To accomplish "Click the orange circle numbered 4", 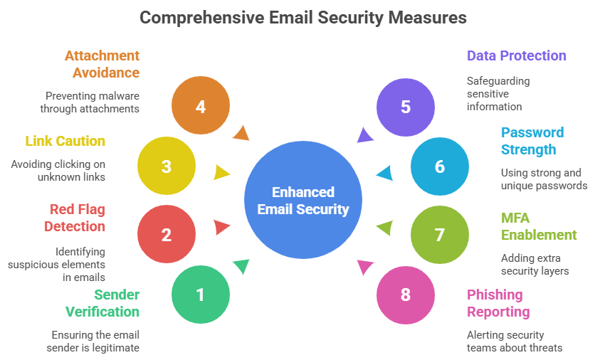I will coord(201,107).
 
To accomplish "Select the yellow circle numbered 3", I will coord(167,166).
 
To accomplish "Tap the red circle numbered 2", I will coord(167,234).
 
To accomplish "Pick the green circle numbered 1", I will coord(201,294).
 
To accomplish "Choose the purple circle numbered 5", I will coord(406,107).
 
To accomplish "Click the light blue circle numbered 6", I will coord(440,166).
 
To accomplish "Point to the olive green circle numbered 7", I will coord(440,234).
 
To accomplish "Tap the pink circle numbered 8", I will coord(406,294).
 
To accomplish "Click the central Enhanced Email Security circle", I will coord(303,201).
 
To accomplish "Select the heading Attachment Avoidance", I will coord(102,63).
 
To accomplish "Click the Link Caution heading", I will coord(65,141).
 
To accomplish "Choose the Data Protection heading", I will coord(516,55).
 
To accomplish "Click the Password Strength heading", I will coord(532,141).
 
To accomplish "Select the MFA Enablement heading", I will coord(538,226).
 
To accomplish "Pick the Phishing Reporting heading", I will coord(498,302).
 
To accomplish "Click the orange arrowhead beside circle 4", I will coord(242,133).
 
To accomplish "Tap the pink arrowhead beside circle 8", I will coord(365,268).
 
